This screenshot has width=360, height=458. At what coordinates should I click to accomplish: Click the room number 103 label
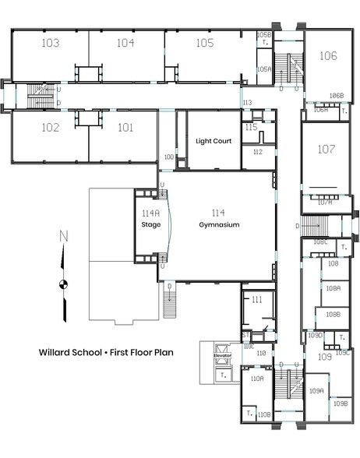click(x=50, y=44)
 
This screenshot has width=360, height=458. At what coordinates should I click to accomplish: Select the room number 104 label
click(x=125, y=44)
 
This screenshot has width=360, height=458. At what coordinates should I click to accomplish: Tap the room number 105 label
click(x=205, y=44)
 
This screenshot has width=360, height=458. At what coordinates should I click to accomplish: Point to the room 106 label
click(x=328, y=56)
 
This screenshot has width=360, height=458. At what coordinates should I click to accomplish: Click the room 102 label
click(x=50, y=127)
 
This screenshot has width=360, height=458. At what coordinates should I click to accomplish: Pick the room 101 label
click(x=125, y=127)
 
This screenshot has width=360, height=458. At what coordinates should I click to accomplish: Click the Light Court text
click(x=214, y=142)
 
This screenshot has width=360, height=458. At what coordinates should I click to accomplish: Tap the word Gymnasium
click(x=218, y=224)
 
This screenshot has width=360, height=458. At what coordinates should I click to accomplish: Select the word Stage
click(x=150, y=224)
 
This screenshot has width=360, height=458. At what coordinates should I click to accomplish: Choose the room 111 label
click(x=256, y=299)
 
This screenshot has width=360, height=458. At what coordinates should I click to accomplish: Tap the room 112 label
click(x=257, y=152)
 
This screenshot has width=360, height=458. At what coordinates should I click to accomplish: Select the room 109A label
click(x=316, y=391)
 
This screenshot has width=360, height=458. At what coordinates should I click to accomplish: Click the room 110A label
click(x=257, y=378)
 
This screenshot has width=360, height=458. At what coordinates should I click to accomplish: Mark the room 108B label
click(x=333, y=314)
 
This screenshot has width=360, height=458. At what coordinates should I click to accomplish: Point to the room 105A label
click(x=264, y=69)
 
